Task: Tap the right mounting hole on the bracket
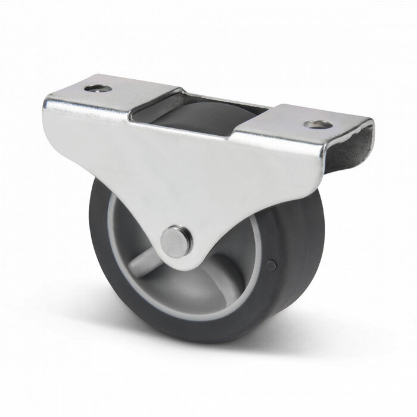(x=316, y=125)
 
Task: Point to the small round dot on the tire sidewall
(x=272, y=264)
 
